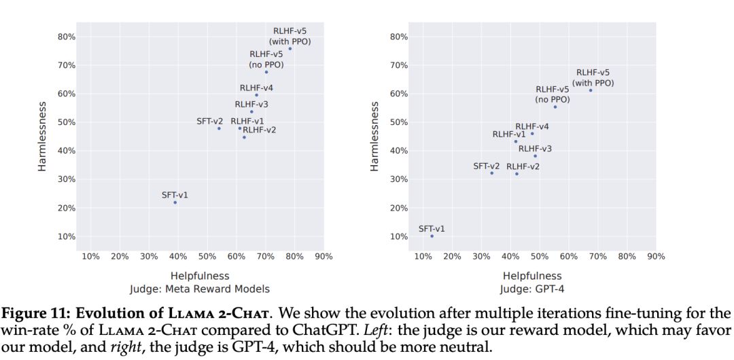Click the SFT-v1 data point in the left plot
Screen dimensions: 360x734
[x=175, y=202]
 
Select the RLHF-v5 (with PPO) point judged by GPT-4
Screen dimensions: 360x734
[x=591, y=90]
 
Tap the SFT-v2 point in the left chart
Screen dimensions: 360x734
[x=219, y=128]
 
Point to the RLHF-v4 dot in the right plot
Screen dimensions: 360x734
[x=532, y=133]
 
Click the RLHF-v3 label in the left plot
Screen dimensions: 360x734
[x=251, y=105]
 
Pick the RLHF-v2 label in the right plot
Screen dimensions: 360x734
[x=523, y=166]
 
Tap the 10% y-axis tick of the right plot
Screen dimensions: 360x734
[x=400, y=236]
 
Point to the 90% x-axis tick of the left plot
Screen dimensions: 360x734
[x=324, y=256]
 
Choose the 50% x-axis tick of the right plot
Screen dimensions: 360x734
[x=540, y=256]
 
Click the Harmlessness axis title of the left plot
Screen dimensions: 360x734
[x=42, y=137]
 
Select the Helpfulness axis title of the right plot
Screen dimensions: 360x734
[x=532, y=276]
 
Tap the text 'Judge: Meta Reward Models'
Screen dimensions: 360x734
[x=200, y=289]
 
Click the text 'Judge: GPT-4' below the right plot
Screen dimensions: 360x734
[x=532, y=289]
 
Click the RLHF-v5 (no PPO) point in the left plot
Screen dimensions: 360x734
[x=266, y=72]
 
